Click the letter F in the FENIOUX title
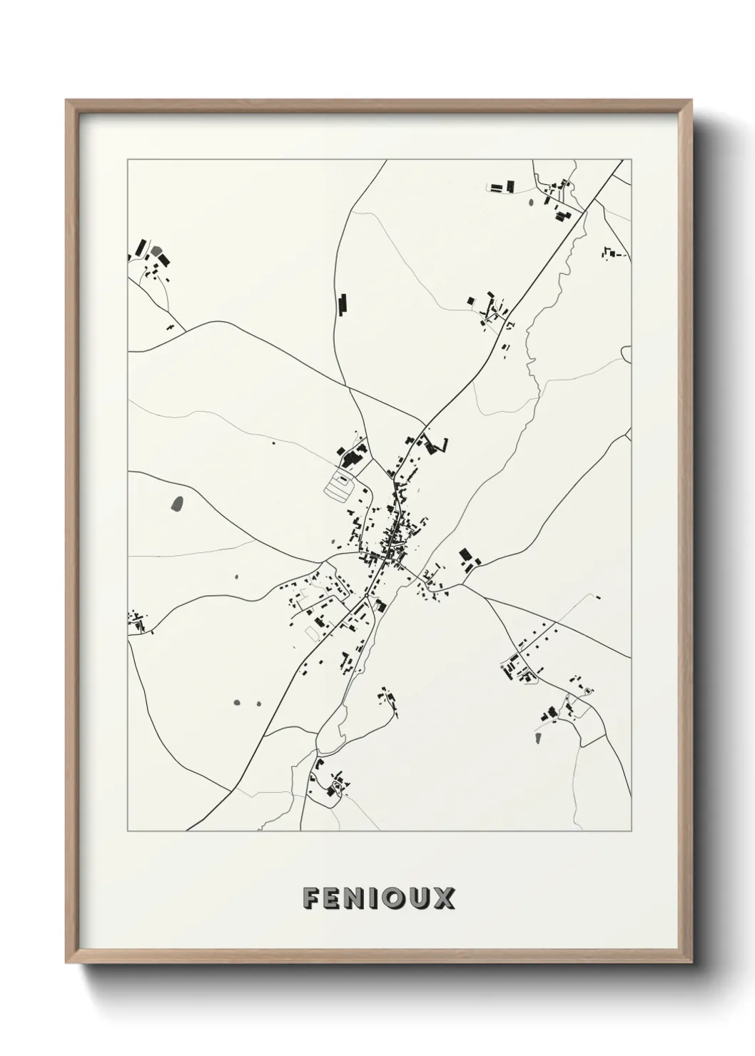pyautogui.click(x=310, y=898)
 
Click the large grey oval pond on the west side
pyautogui.click(x=177, y=504)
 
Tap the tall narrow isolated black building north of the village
pyautogui.click(x=342, y=304)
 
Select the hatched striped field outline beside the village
pyautogui.click(x=338, y=487)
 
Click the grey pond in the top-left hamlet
pyautogui.click(x=156, y=251)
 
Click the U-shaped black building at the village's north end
pyautogui.click(x=435, y=445)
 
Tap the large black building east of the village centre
pyautogui.click(x=465, y=554)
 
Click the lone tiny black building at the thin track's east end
pyautogui.click(x=597, y=598)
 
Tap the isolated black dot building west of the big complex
pyautogui.click(x=273, y=443)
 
